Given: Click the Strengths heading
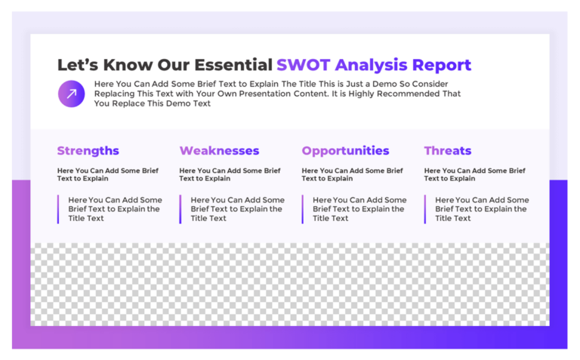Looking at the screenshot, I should [88, 151].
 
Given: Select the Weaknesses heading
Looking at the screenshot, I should [219, 151].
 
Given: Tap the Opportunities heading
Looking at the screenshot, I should [345, 151].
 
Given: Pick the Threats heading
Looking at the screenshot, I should [447, 151].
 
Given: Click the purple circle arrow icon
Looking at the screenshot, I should [72, 94].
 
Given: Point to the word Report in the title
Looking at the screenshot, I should [440, 65].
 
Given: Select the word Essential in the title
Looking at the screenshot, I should [233, 65].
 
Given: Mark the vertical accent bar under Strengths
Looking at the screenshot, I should [58, 209].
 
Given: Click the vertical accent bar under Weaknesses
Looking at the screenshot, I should [180, 209].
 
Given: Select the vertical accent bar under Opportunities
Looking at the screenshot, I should [303, 209].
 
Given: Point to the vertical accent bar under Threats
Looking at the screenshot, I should [425, 209].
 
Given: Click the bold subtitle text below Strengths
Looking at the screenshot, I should [107, 174].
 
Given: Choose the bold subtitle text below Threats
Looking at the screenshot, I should [474, 174].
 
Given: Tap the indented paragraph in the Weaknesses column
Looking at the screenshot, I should [237, 209].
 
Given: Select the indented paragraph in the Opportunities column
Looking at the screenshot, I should [359, 209].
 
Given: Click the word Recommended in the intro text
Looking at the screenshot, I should [406, 94].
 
